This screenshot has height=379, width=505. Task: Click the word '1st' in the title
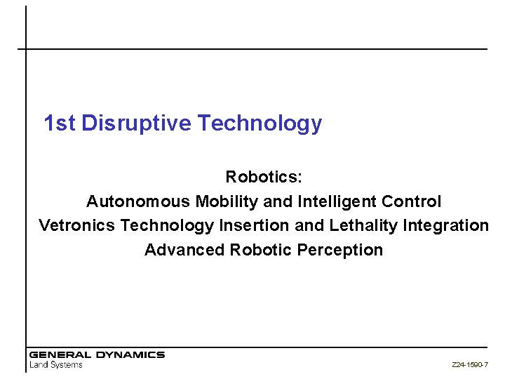click(x=59, y=124)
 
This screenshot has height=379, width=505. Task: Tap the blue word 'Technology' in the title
click(x=260, y=124)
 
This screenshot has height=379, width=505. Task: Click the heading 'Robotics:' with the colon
click(x=264, y=177)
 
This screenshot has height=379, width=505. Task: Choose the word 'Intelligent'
click(x=337, y=201)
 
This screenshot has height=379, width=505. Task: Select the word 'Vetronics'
click(x=77, y=225)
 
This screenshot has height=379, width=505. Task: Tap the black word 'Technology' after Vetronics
click(x=167, y=225)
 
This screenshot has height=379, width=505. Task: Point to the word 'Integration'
click(x=446, y=225)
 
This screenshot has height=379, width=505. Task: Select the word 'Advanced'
click(x=184, y=250)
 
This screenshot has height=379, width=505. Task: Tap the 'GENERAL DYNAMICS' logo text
click(x=97, y=354)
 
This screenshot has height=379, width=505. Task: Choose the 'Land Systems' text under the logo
click(x=56, y=364)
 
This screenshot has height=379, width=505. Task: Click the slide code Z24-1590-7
click(x=470, y=365)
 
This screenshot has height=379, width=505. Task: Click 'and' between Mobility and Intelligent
click(x=278, y=201)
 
